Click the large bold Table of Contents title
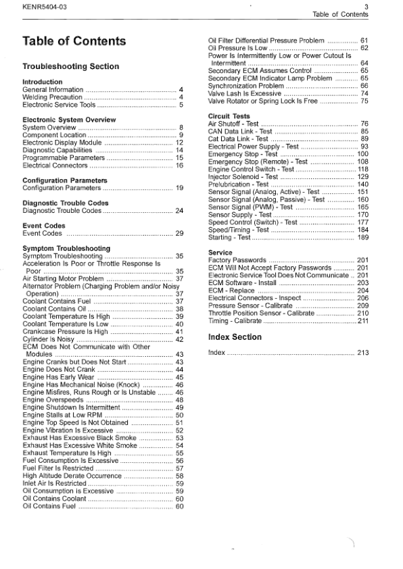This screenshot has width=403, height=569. point(74,41)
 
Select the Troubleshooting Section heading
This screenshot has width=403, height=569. point(71,67)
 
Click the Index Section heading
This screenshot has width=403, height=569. point(235,337)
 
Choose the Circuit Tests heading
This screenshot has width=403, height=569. point(229,116)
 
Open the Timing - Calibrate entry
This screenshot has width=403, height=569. point(236,321)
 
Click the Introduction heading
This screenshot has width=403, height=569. point(43,82)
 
